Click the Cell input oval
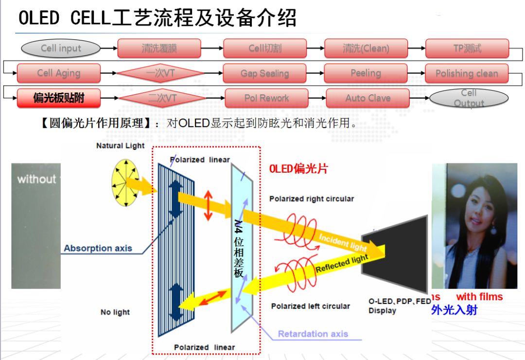pyautogui.click(x=61, y=48)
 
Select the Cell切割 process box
pyautogui.click(x=265, y=48)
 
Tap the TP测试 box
pyautogui.click(x=467, y=48)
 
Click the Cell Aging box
pyautogui.click(x=58, y=73)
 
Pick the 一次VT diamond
pyautogui.click(x=161, y=73)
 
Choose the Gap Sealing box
pyautogui.click(x=265, y=73)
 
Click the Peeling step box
pyautogui.click(x=366, y=73)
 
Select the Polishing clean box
pyautogui.click(x=467, y=73)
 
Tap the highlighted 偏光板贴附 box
pyautogui.click(x=59, y=98)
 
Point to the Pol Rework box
pyautogui.click(x=266, y=98)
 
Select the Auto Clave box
pyautogui.click(x=368, y=98)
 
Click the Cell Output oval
pyautogui.click(x=469, y=98)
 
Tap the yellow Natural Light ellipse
pyautogui.click(x=125, y=182)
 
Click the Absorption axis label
pyautogui.click(x=98, y=248)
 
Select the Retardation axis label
pyautogui.click(x=313, y=334)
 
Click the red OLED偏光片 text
pyautogui.click(x=298, y=169)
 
